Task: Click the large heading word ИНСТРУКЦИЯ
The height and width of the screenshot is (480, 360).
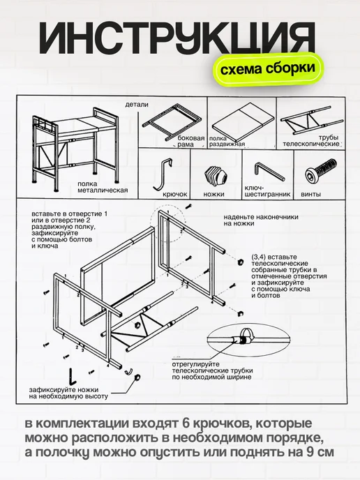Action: point(177,38)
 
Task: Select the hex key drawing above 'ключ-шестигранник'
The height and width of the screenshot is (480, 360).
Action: point(269,172)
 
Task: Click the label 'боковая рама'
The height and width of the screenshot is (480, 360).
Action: point(190,141)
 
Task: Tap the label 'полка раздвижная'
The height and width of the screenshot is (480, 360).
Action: point(227,142)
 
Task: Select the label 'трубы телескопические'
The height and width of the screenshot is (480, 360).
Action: point(310,141)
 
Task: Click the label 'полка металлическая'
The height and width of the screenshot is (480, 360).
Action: point(103,187)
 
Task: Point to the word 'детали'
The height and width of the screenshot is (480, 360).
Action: point(137,105)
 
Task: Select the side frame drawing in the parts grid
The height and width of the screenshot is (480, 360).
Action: point(173,121)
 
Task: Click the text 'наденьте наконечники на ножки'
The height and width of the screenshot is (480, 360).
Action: point(261,220)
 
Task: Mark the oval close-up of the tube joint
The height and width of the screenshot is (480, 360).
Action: point(250,340)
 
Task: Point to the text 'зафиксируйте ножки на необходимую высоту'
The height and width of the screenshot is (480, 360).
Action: point(68,393)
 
